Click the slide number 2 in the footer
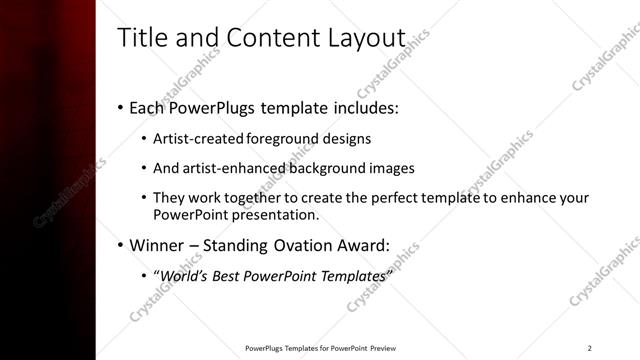(x=589, y=348)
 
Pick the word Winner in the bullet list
(x=156, y=245)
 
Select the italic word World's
(x=185, y=275)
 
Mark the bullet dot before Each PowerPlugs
(x=120, y=107)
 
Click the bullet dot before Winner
(x=120, y=245)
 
